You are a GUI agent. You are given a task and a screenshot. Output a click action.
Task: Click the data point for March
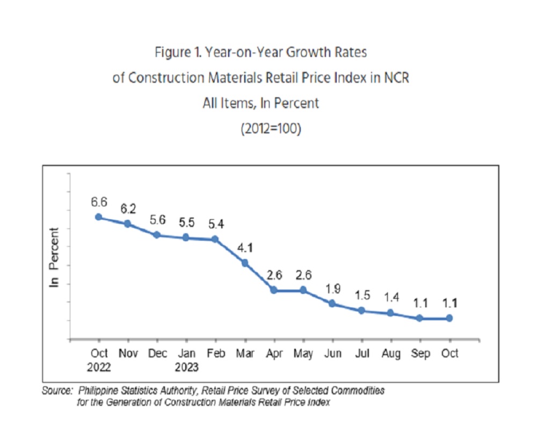pos(245,263)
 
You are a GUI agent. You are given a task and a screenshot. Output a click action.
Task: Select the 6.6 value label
pos(99,202)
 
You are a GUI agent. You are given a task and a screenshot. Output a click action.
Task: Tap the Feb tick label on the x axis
pos(216,354)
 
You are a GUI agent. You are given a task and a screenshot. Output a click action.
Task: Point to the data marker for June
pos(332,304)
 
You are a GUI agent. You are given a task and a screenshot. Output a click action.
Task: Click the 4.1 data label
pos(245,248)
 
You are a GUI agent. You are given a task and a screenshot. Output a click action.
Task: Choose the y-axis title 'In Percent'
pos(54,257)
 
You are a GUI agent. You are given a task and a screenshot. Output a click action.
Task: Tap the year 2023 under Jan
pos(186,368)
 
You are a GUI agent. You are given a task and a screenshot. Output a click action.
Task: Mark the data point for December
pos(157,235)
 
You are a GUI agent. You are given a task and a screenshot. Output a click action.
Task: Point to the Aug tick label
pos(391,354)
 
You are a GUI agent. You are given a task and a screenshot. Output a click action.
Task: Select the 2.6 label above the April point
pos(274,275)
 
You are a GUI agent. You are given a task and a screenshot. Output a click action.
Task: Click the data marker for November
pos(128,224)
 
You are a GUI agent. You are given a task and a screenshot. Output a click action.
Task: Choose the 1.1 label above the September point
pos(420,303)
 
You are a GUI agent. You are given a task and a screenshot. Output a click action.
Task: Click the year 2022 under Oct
pos(99,368)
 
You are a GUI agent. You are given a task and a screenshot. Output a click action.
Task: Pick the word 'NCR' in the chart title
pos(396,77)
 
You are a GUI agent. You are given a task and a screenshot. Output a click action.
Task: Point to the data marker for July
pos(361,311)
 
